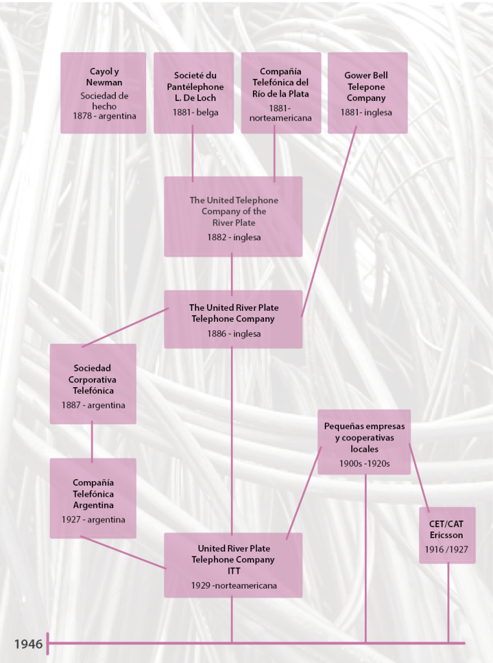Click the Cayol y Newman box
(103, 93)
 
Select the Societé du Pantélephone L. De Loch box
(193, 93)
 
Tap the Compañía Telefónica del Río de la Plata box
(281, 93)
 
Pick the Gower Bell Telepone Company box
(367, 93)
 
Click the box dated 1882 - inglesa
(233, 216)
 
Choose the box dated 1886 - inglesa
(233, 319)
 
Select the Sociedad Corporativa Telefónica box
(93, 383)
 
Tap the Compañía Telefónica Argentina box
(93, 498)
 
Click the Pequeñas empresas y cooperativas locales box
(364, 442)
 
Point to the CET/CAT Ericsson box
(447, 535)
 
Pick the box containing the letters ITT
(233, 565)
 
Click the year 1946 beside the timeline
(28, 644)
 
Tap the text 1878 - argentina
(104, 116)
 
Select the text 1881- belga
(195, 112)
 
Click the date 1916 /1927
(447, 550)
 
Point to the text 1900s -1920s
(365, 464)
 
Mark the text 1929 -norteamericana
(234, 585)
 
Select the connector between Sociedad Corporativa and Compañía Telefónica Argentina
(92, 441)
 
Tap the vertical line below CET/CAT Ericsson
(448, 602)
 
